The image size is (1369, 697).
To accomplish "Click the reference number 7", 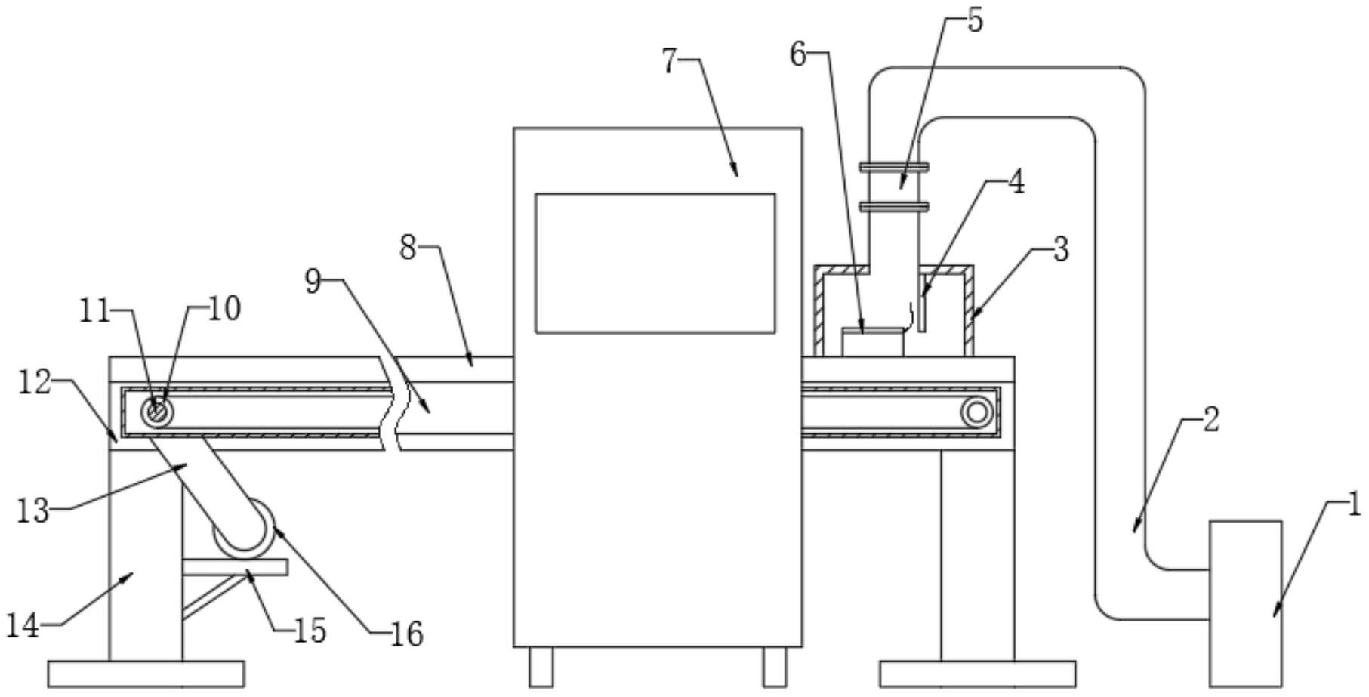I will pos(670,61).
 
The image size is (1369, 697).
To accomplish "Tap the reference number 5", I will pos(975,21).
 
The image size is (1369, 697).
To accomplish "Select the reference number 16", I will pos(407,634).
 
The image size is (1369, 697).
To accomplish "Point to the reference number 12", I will pos(34,384).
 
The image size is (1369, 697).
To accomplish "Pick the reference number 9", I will pos(313,281).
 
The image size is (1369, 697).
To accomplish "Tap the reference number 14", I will pos(22,625).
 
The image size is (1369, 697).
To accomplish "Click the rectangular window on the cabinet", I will pos(655,263).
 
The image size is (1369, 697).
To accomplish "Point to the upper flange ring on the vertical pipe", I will pos(893,167).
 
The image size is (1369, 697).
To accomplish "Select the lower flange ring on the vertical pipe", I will pos(893,205).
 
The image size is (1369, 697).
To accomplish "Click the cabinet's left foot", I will pos(541,667).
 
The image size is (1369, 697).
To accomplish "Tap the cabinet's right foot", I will pos(774,667).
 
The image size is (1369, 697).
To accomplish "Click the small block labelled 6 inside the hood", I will pos(872,341).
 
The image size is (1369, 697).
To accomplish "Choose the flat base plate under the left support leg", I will pos(146,674).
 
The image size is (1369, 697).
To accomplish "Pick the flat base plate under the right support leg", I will pos(977,674).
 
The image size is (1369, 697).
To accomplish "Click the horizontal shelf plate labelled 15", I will pos(235,566).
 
